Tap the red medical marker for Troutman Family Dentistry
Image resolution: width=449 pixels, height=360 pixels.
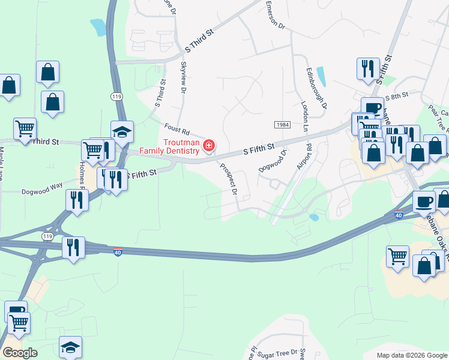[209, 145]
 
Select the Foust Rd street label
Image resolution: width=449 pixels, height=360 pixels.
[177, 129]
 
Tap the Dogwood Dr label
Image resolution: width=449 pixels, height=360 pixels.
[273, 161]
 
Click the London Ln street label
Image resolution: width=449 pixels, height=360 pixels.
[304, 117]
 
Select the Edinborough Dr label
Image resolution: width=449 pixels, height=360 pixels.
[316, 88]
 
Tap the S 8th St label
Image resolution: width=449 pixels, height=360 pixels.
[397, 96]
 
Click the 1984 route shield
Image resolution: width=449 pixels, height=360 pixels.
[283, 124]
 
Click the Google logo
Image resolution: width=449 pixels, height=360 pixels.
[19, 353]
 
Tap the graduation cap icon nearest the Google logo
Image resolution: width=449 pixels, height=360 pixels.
[70, 347]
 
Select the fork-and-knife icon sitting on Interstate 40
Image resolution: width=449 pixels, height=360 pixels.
[74, 247]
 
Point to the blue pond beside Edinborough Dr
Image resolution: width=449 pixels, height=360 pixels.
[321, 76]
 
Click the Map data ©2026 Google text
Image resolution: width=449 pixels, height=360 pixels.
[412, 355]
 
